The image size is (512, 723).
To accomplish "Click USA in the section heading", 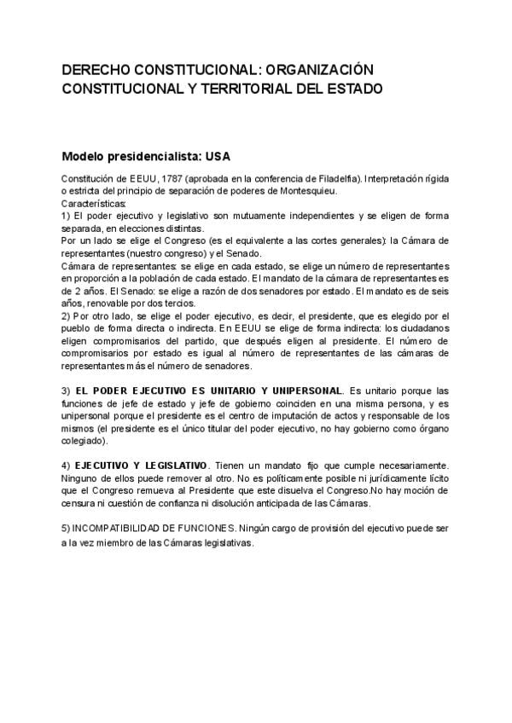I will point(217,157).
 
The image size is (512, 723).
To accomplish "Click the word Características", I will point(94,204).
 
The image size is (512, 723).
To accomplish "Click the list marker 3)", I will point(66,390).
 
